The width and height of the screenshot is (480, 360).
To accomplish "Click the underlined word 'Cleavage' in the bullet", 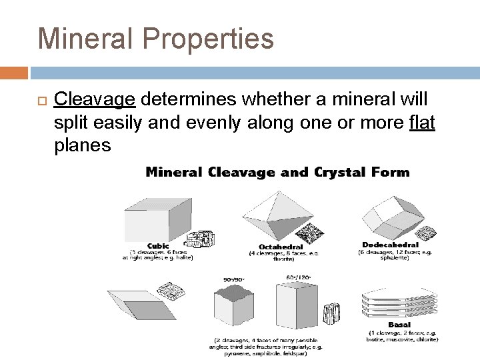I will pyautogui.click(x=95, y=100).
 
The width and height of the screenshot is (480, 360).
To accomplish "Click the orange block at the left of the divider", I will pyautogui.click(x=14, y=72).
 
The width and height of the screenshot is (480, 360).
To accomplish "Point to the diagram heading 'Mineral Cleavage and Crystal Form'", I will pyautogui.click(x=277, y=172).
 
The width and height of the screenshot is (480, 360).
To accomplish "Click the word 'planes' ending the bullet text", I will pyautogui.click(x=82, y=146).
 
